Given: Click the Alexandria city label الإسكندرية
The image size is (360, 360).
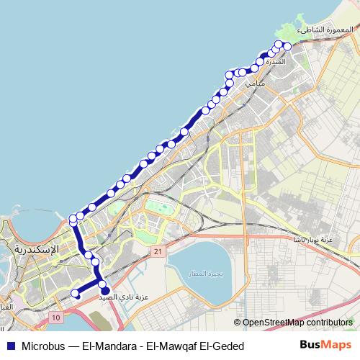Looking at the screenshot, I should tap(36, 248).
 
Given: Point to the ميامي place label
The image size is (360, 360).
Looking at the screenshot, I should tap(256, 84).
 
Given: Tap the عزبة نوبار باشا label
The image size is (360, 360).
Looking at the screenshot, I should tap(316, 238).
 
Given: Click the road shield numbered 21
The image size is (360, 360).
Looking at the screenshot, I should tap(158, 251).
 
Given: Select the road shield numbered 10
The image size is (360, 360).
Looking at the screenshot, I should tap(57, 317).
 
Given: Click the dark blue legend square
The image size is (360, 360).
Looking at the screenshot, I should tap(10, 346).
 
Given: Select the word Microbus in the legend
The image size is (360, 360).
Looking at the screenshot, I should tap(45, 346).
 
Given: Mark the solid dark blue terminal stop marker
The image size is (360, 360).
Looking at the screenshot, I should tap(104, 291).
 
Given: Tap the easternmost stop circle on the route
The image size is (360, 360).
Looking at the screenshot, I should tap(287, 46).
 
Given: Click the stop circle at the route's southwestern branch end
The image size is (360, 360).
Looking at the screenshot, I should tap(76, 293).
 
